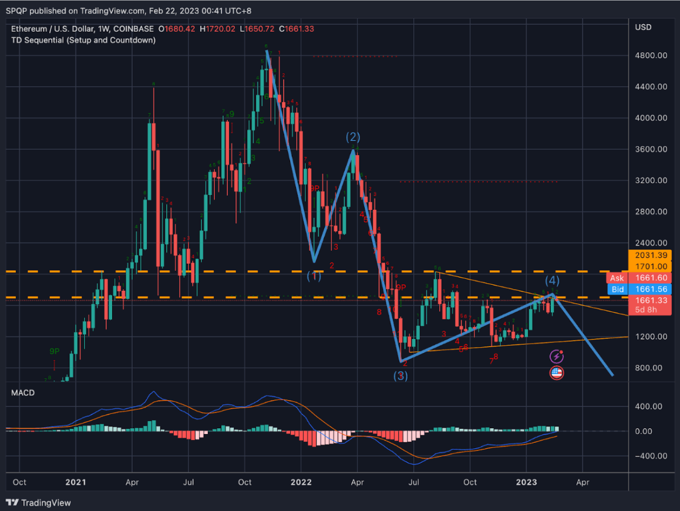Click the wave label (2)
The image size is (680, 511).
352,137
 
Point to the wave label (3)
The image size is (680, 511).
400,376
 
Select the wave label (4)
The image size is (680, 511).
553,280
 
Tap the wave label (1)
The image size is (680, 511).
315,275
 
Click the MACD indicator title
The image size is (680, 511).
22,392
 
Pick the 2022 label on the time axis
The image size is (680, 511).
301,482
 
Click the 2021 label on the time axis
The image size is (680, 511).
76,482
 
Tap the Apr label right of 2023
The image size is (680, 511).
582,482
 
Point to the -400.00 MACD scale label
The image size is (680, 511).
649,456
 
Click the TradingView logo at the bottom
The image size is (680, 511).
39,503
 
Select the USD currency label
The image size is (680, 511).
644,28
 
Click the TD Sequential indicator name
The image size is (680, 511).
83,40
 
